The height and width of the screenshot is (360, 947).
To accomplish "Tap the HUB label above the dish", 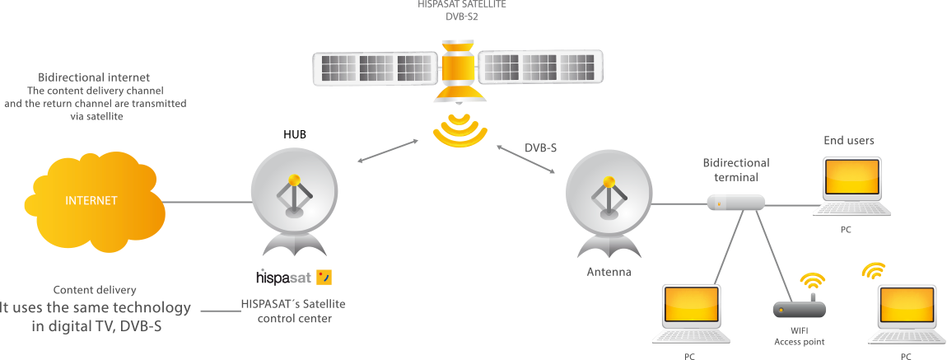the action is point(295,134).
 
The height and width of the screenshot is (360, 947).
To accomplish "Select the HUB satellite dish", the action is point(294,203).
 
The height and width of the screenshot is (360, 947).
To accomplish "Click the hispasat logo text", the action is point(283,278).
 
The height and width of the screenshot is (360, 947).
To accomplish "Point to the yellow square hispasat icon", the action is point(324,278).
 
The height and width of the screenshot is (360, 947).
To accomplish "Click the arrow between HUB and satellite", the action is point(388,151).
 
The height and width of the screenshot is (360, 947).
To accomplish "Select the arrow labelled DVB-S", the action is point(525,160).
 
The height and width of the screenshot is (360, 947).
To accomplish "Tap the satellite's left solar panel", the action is point(376,68).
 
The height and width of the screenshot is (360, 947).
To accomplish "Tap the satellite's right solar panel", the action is point(540,67).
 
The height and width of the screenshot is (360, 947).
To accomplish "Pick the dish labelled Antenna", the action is point(609,203).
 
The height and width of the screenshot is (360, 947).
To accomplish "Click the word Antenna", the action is point(609,272).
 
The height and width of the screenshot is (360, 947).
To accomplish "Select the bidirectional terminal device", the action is point(736,203).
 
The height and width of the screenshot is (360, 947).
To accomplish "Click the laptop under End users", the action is point(852,186).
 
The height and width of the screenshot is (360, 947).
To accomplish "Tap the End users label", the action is point(849,141).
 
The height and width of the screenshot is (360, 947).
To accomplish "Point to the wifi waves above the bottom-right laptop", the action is point(873,270).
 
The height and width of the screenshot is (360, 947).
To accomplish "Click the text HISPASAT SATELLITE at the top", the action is point(461,3).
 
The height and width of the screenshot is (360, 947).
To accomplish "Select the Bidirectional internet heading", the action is point(94,77).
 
